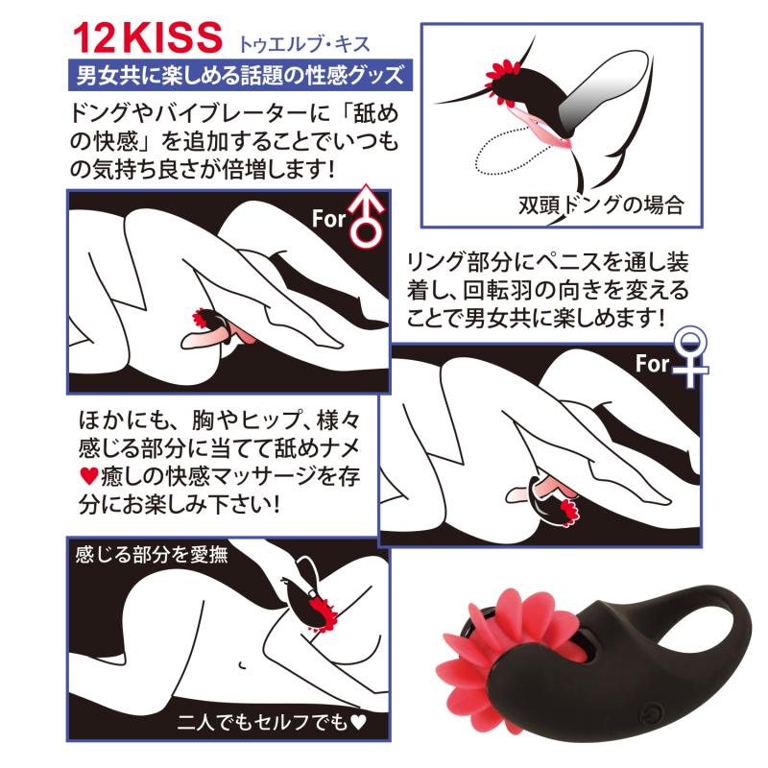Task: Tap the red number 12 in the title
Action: (x=93, y=37)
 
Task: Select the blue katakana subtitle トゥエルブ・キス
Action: (x=303, y=44)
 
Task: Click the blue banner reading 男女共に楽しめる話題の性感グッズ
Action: (x=240, y=75)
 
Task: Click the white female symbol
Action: (x=689, y=357)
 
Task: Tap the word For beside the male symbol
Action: (x=328, y=219)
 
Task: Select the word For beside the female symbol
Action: (x=652, y=364)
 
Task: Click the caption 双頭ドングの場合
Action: (x=601, y=204)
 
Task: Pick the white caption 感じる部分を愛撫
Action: (x=152, y=555)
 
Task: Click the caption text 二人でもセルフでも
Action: (x=263, y=722)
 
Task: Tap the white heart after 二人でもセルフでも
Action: (x=358, y=722)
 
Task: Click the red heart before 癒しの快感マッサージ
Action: (x=88, y=475)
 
